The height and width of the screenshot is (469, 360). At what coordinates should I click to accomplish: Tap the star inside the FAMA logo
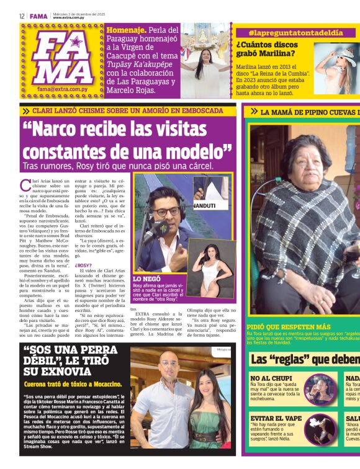75,43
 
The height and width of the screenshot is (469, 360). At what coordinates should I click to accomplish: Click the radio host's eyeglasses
165,212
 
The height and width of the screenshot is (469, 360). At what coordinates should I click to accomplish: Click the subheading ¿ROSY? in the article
84,265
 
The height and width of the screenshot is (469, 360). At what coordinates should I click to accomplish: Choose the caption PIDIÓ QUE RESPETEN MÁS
287,326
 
